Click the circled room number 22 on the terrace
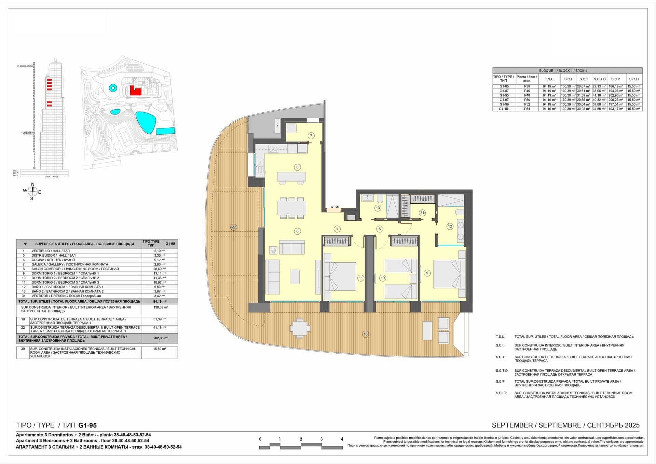[x=233, y=227]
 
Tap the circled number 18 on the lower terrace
[x=366, y=334]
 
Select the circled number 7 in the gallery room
[x=311, y=136]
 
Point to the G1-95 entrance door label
[x=334, y=207]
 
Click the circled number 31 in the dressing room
[x=422, y=213]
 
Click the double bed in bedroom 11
[x=340, y=276]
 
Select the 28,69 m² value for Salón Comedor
[x=160, y=269]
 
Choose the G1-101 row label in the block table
[x=504, y=109]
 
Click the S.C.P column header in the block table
[x=615, y=79]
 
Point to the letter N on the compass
[x=33, y=185]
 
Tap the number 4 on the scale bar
[x=342, y=439]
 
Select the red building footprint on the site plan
[x=135, y=91]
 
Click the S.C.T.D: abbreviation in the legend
[x=502, y=371]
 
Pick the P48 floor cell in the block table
[x=527, y=95]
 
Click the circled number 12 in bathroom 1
[x=450, y=226]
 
